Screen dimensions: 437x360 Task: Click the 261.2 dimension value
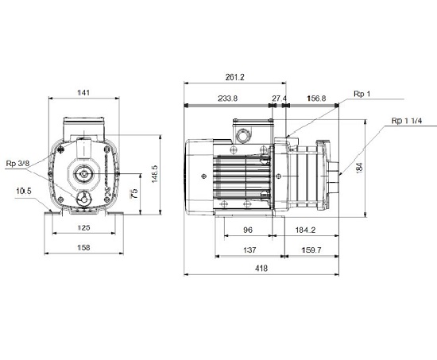tap(234, 77)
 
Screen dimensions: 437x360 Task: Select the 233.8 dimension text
tap(228, 99)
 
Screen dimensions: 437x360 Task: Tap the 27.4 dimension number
tap(279, 99)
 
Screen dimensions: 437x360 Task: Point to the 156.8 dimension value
tap(316, 99)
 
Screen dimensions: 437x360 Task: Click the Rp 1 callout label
tap(362, 94)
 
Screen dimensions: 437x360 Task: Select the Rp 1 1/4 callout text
tap(407, 121)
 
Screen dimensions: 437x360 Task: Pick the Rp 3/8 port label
tap(17, 164)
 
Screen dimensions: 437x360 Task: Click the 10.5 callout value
tap(24, 191)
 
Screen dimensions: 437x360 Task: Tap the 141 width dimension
tap(83, 92)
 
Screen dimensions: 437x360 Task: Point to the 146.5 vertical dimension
tap(155, 174)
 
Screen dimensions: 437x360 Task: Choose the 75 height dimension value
tap(134, 193)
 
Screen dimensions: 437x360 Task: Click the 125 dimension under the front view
tap(83, 227)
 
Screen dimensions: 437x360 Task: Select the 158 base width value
tap(83, 248)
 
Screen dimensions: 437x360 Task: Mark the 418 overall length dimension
tap(261, 269)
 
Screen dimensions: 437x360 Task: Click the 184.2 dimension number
tap(305, 230)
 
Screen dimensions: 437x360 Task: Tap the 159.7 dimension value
tap(311, 250)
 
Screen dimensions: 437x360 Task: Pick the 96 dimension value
tap(248, 230)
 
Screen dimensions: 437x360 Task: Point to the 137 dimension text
tap(249, 250)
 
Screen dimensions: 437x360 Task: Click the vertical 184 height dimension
tap(359, 168)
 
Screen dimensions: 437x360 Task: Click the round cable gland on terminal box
tap(243, 137)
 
